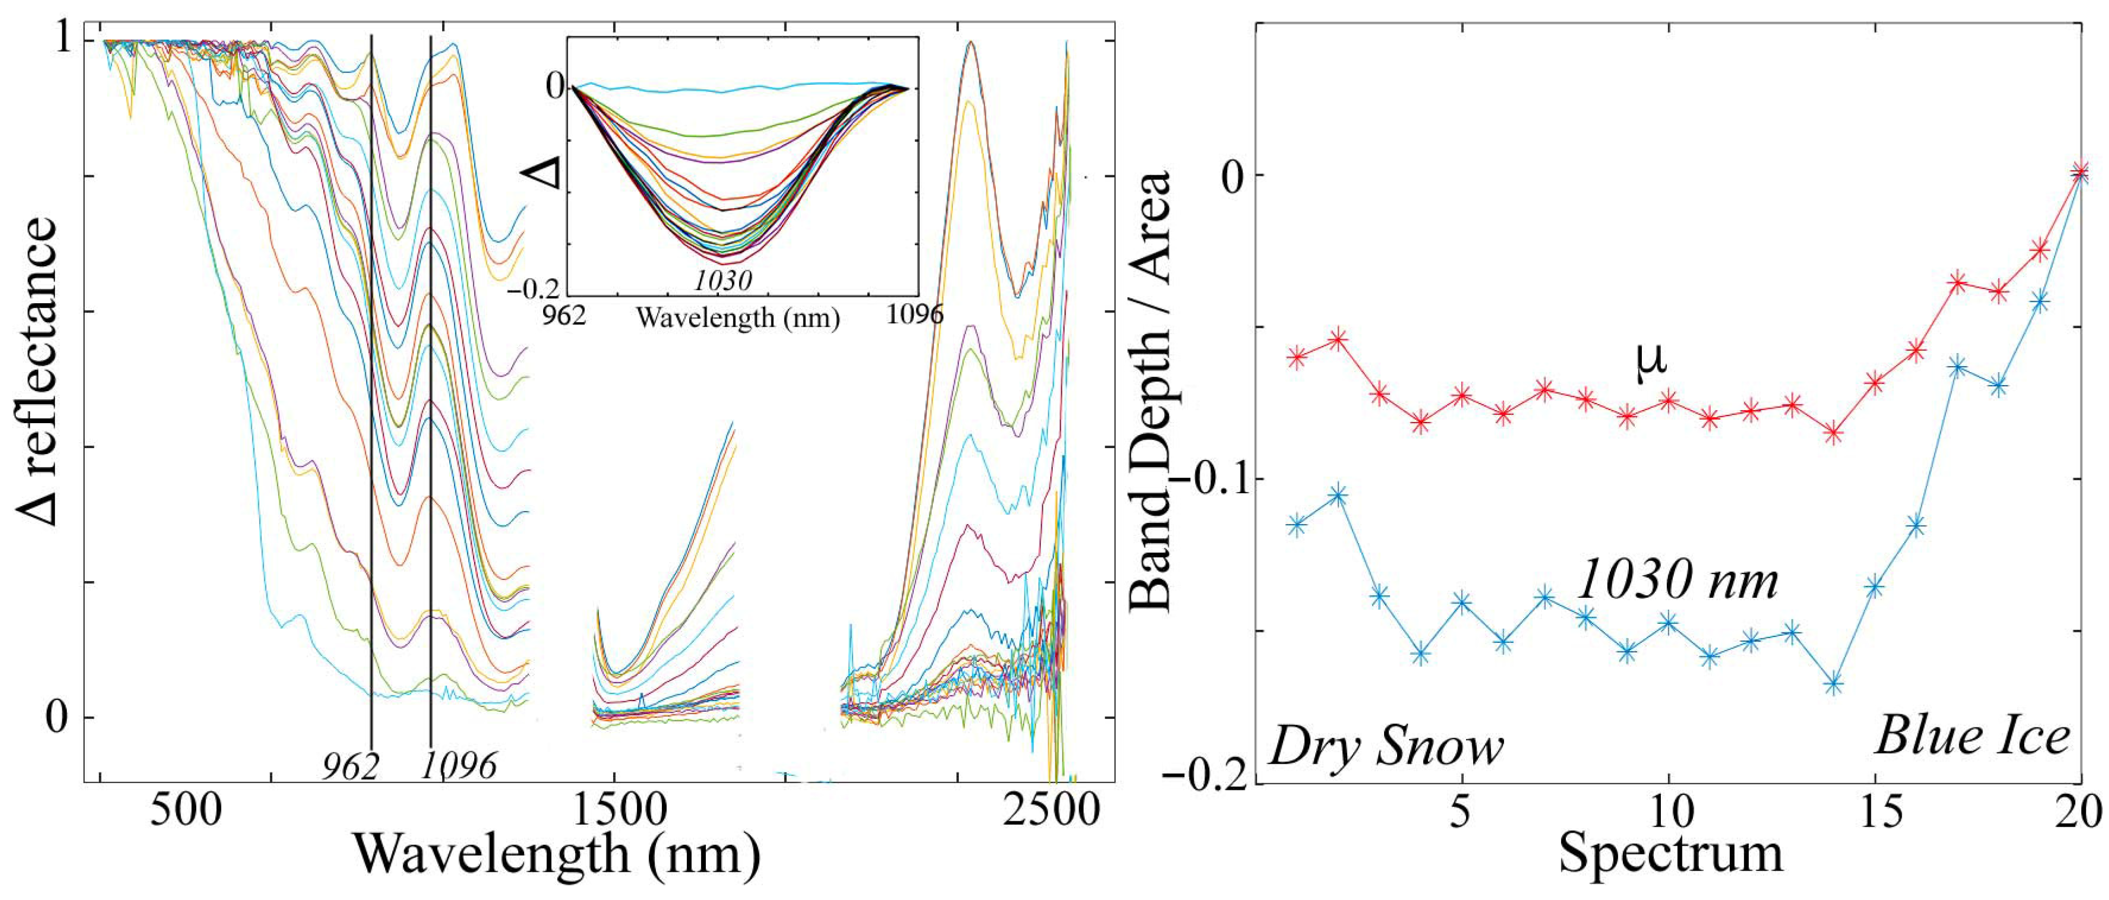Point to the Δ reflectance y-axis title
pos(39,370)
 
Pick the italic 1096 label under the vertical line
pos(460,765)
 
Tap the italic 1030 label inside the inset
pos(723,281)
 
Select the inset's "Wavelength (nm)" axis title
pos(738,318)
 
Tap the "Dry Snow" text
pos(1387,747)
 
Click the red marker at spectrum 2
pos(1338,338)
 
